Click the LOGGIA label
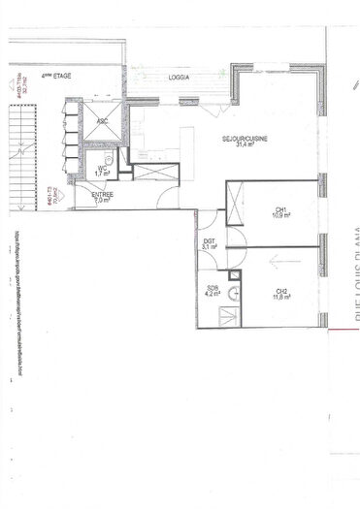(179, 77)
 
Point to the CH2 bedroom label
(281, 292)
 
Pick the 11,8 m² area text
(281, 300)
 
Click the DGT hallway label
(210, 240)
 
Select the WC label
(101, 167)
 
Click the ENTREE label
(103, 195)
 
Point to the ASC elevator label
(102, 121)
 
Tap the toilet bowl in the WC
(109, 157)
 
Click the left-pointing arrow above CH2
(280, 261)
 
